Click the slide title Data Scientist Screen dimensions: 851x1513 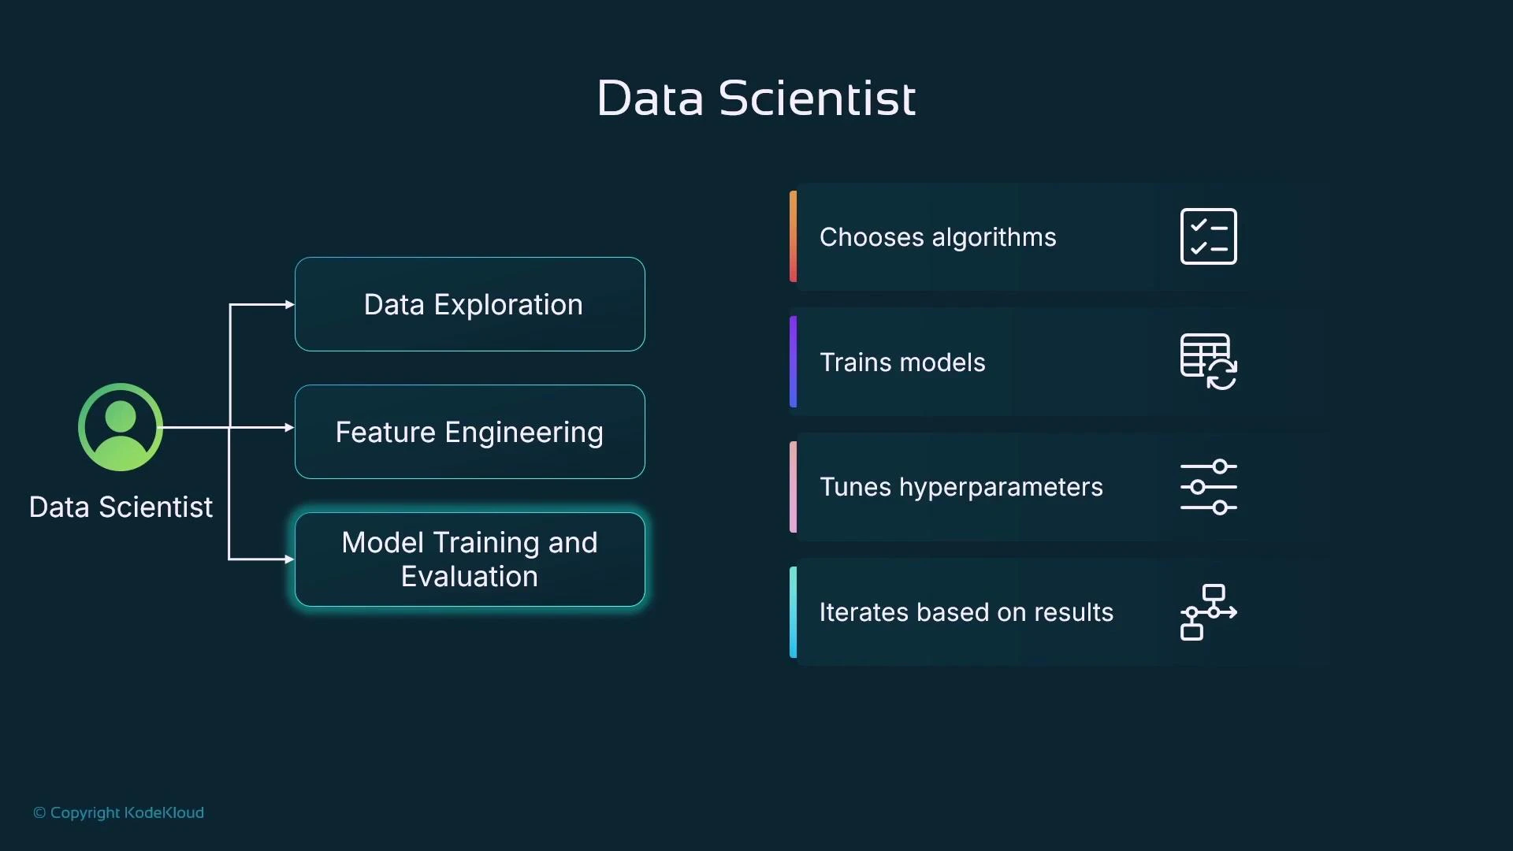(756, 98)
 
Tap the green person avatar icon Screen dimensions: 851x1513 (121, 427)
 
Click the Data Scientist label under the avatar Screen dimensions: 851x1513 (121, 507)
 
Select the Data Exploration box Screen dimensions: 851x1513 (470, 304)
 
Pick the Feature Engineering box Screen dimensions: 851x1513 (470, 432)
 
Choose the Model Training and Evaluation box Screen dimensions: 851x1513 (470, 559)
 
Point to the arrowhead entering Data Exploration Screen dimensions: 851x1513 (289, 304)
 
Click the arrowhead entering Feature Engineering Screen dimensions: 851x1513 (289, 427)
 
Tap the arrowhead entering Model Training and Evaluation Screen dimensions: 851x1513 (289, 559)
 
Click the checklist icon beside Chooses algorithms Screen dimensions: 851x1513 (1208, 236)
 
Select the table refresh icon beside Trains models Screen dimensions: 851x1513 (1208, 362)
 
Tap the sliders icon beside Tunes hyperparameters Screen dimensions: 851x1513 (1208, 487)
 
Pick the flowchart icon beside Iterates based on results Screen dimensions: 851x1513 (1208, 612)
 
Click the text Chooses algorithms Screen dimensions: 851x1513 (937, 237)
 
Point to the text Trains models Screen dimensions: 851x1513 (902, 362)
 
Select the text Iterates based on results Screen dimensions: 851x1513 (966, 612)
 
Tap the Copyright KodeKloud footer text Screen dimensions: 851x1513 (118, 812)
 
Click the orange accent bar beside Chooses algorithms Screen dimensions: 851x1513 (793, 236)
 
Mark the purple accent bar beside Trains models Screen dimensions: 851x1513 (793, 362)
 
